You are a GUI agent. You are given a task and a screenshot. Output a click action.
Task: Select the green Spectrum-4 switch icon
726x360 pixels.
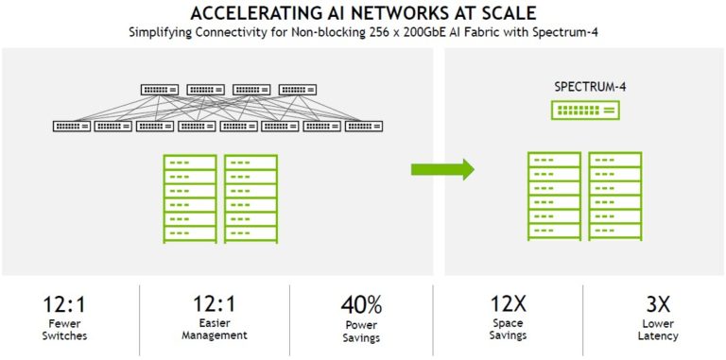pyautogui.click(x=585, y=110)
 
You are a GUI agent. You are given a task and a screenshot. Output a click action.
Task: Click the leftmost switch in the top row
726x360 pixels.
pyautogui.click(x=160, y=90)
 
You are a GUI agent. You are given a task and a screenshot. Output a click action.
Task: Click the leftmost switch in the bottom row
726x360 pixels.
pyautogui.click(x=72, y=126)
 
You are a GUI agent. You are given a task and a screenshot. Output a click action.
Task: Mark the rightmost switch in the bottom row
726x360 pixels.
pyautogui.click(x=364, y=126)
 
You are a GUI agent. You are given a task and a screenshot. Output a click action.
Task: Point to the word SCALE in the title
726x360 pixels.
pyautogui.click(x=506, y=13)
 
